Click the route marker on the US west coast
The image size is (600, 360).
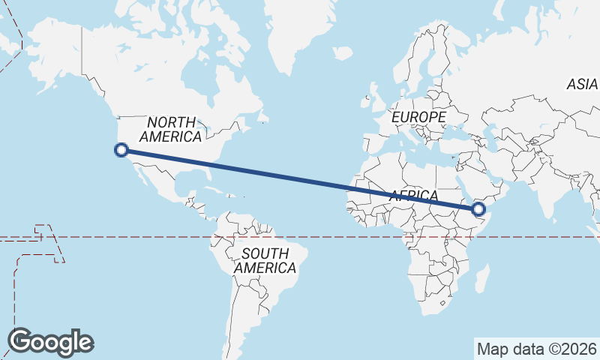point(121,150)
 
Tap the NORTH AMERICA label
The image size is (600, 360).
point(171,129)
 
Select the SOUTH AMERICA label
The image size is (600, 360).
point(265,260)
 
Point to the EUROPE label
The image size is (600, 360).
point(418,118)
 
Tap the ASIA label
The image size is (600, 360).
point(582,85)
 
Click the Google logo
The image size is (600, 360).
point(51,342)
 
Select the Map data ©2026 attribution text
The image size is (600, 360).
point(537,349)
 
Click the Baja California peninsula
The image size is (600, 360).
point(138,170)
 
